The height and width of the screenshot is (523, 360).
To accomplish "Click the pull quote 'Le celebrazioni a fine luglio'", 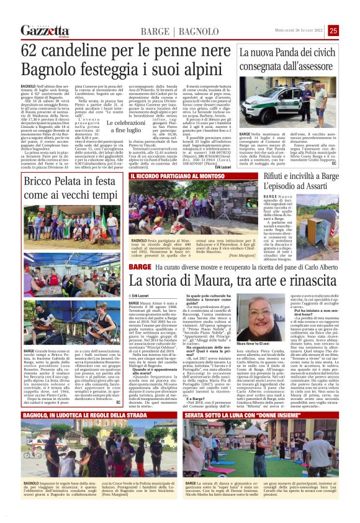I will pos(124,127).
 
